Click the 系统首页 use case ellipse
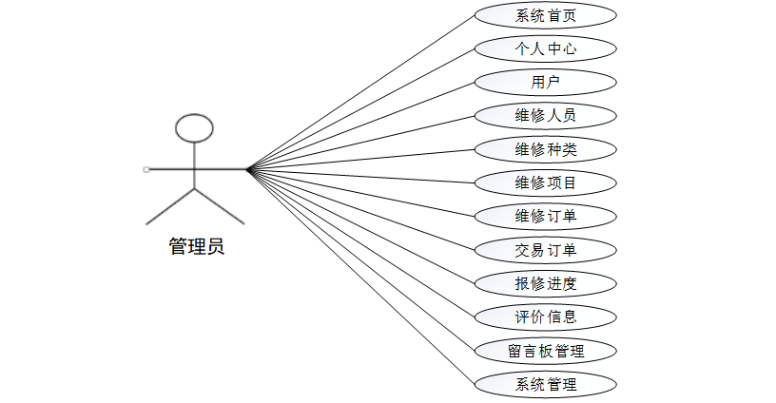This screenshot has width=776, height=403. click(545, 15)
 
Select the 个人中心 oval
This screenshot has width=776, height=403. click(545, 48)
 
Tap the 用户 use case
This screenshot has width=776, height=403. click(545, 82)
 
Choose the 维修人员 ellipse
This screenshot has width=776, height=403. click(545, 116)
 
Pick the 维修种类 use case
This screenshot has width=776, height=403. click(545, 149)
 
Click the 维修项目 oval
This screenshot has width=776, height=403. click(545, 182)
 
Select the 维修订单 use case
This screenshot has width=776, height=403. click(545, 216)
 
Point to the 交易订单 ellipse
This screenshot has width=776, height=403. click(545, 250)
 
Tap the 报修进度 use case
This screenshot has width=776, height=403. click(545, 283)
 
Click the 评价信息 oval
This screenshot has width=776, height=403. click(545, 317)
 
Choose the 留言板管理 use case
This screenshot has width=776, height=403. click(545, 351)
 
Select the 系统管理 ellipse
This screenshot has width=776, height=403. click(545, 384)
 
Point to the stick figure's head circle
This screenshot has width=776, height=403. click(194, 128)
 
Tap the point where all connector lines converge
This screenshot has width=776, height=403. click(247, 169)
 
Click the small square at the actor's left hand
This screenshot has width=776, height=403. click(145, 169)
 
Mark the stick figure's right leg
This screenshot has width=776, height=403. click(220, 207)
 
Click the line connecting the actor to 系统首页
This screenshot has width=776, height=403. click(361, 91)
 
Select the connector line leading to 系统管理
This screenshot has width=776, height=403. click(361, 278)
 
